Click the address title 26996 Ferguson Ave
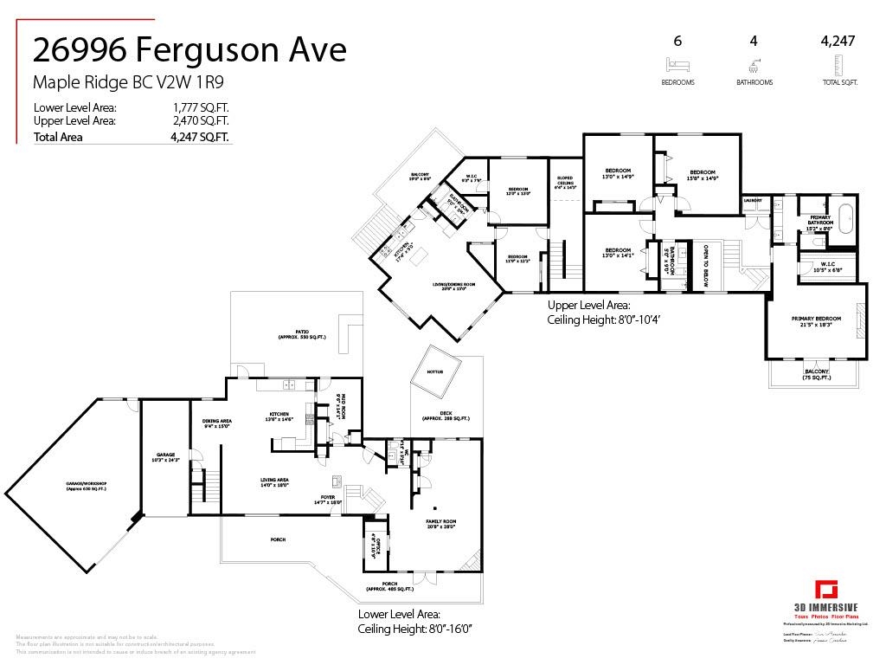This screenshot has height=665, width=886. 189,49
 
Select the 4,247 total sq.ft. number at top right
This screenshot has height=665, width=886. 838,41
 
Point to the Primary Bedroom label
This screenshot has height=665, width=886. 816,321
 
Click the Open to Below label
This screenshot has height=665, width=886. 705,266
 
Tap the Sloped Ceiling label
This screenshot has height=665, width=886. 565,182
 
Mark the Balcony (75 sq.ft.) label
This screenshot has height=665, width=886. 816,374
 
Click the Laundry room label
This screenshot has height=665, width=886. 752,200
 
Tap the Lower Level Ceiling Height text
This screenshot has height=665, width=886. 404,629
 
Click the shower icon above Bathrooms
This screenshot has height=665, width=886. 754,65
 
